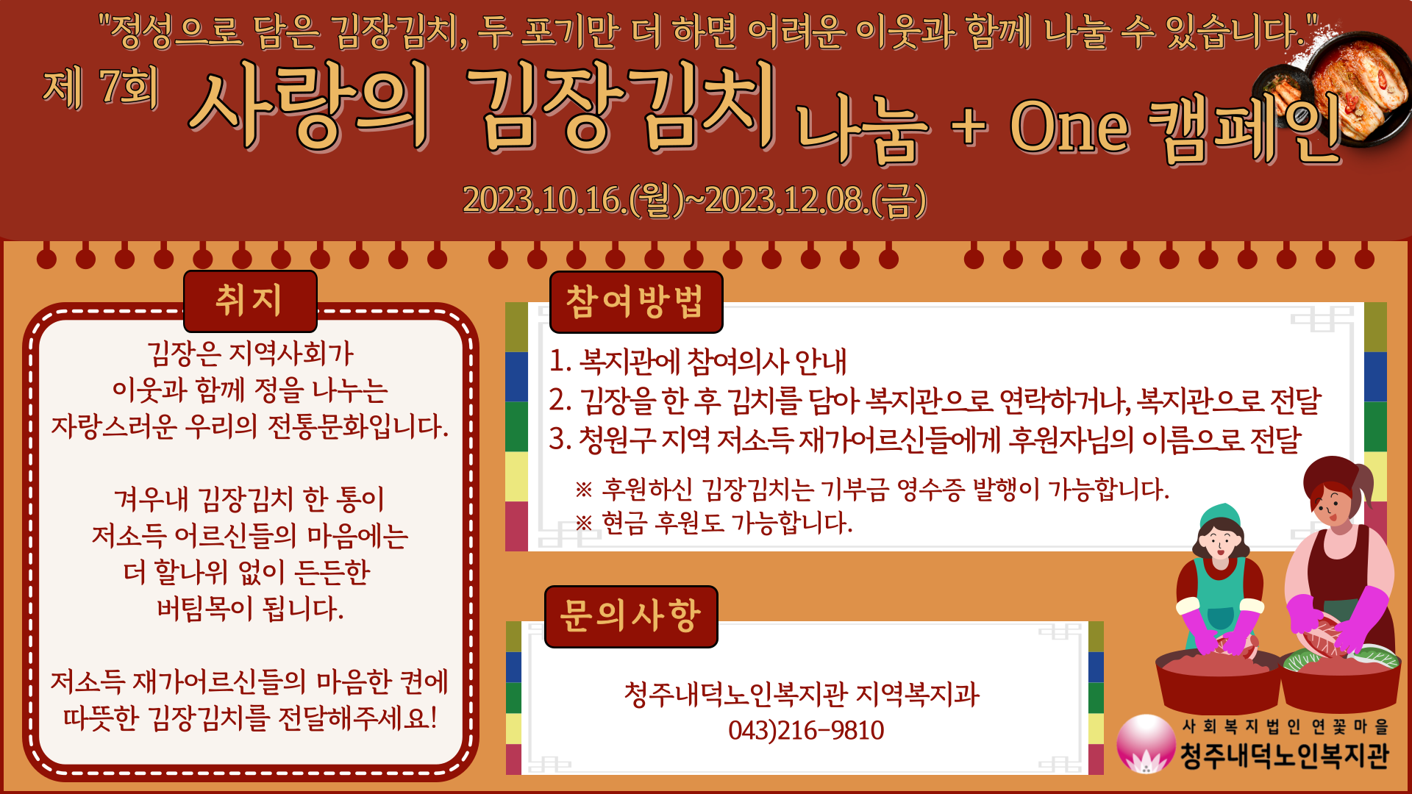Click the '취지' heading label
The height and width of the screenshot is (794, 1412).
[249, 301]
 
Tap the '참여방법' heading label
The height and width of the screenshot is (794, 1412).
[635, 301]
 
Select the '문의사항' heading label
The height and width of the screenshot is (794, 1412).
[631, 616]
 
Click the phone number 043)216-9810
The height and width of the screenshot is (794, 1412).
[806, 730]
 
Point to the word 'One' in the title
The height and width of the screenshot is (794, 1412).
[1069, 126]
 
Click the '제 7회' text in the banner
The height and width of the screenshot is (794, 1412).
[101, 87]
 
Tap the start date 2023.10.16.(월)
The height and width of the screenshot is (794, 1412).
[574, 200]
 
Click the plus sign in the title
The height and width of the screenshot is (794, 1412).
[969, 126]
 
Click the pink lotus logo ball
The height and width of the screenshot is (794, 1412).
[1146, 743]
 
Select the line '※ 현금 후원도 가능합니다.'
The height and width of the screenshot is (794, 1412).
[713, 523]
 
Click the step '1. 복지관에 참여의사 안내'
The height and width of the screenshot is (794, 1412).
[698, 361]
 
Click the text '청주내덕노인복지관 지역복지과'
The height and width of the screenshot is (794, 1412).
[802, 694]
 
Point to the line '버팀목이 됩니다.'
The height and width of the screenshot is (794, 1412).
[250, 608]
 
